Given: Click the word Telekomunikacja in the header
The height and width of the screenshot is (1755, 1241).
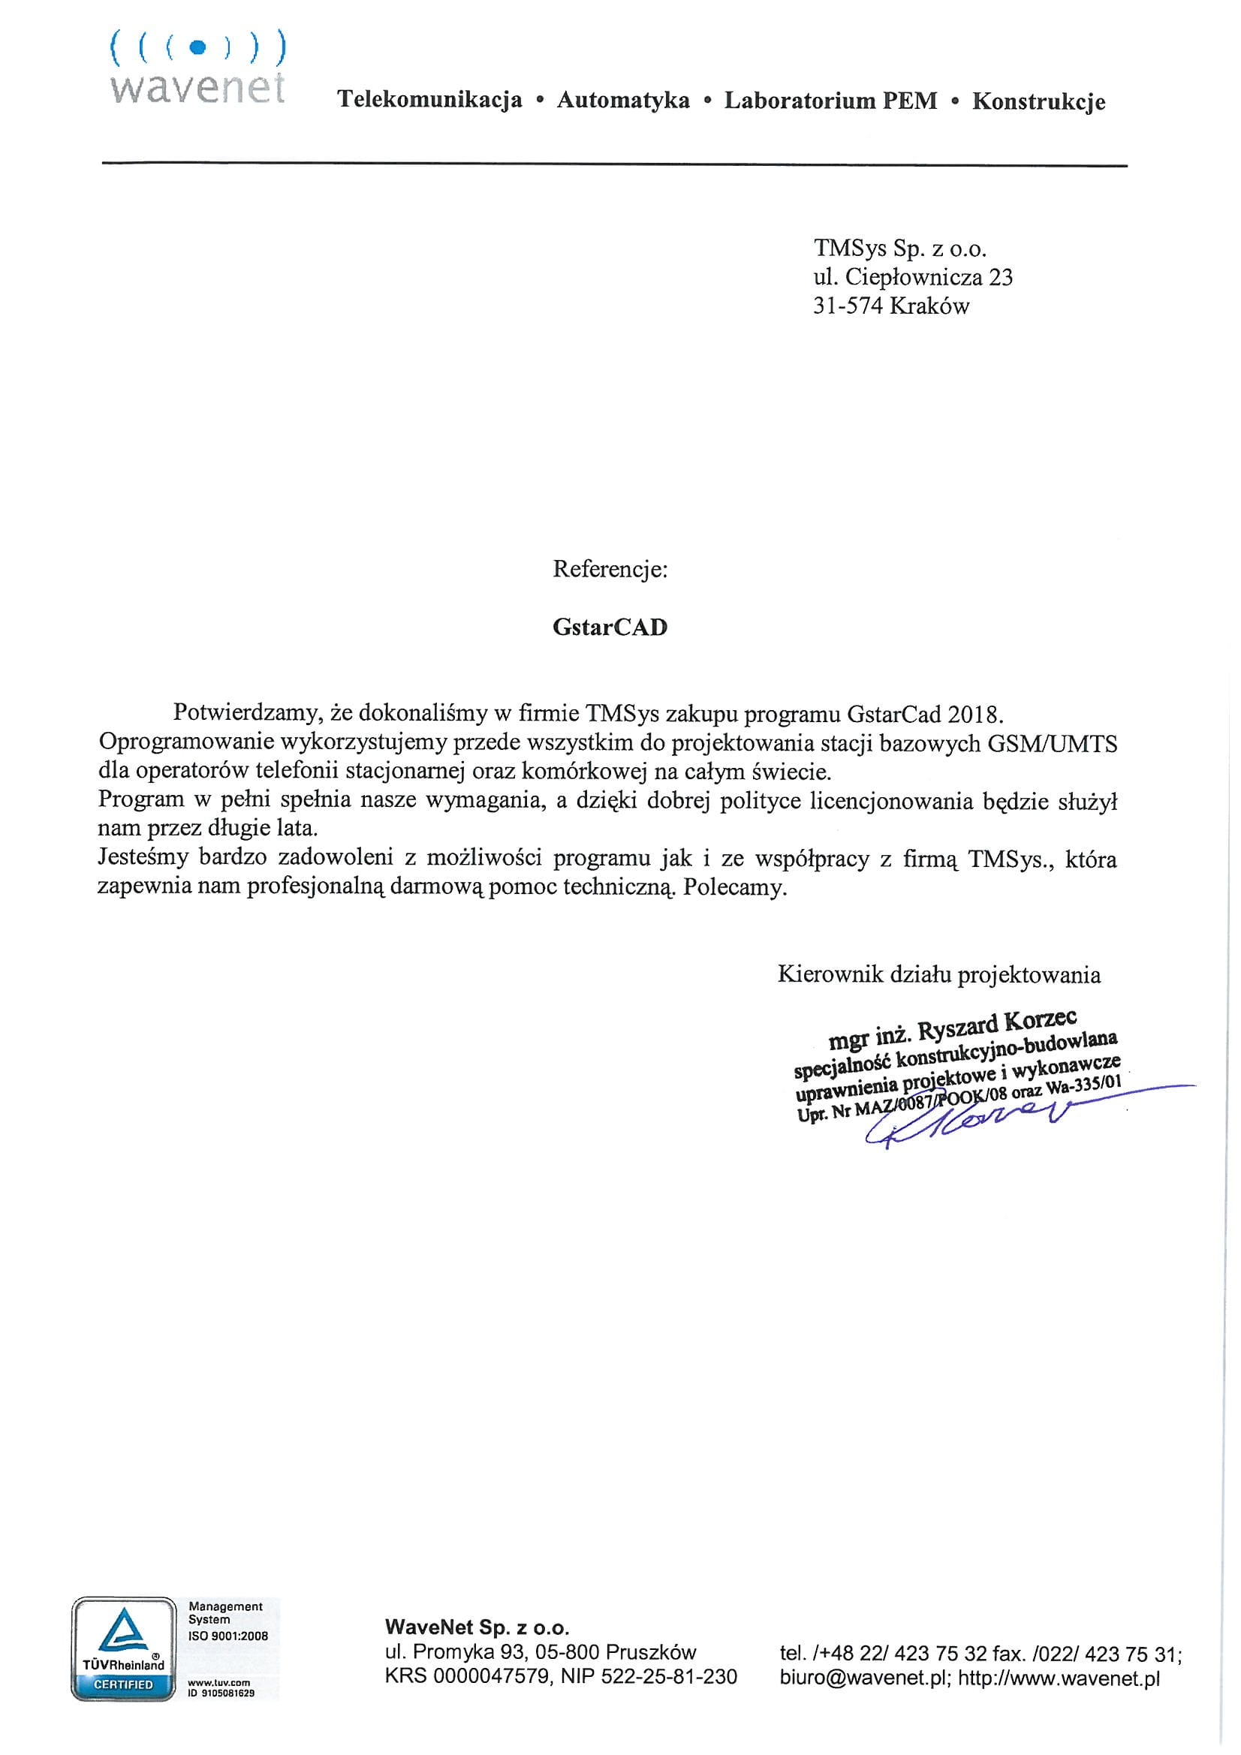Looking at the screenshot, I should click(429, 99).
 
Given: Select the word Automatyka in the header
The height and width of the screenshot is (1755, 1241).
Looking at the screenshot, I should click(622, 100).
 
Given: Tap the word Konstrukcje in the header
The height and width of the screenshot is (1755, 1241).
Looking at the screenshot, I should click(1038, 101).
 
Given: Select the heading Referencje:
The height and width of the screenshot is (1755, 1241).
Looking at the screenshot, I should click(610, 570).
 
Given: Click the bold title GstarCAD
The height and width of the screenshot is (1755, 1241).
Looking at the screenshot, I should click(610, 627).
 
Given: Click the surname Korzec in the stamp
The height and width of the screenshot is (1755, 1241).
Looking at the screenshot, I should click(1041, 1021).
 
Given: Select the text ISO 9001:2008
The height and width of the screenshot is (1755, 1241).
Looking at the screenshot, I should click(228, 1636).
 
